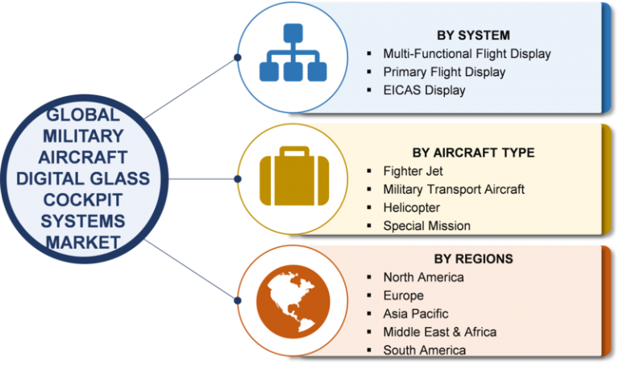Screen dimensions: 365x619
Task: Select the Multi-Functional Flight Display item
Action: (x=467, y=53)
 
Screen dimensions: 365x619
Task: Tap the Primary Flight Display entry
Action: (x=444, y=72)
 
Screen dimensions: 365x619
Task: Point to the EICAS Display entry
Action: (x=424, y=90)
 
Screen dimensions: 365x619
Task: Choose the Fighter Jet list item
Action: (x=413, y=170)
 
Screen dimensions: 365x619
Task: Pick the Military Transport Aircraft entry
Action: (x=454, y=189)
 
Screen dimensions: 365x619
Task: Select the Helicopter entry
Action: (x=411, y=208)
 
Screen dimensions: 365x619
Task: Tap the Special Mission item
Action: (x=426, y=225)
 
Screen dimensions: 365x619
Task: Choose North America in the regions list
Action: (x=423, y=277)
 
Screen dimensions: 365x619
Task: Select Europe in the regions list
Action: (x=403, y=296)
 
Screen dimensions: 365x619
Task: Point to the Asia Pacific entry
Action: (x=415, y=313)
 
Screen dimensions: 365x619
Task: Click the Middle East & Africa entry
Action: (x=439, y=332)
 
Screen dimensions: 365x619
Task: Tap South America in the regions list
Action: (x=424, y=350)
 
